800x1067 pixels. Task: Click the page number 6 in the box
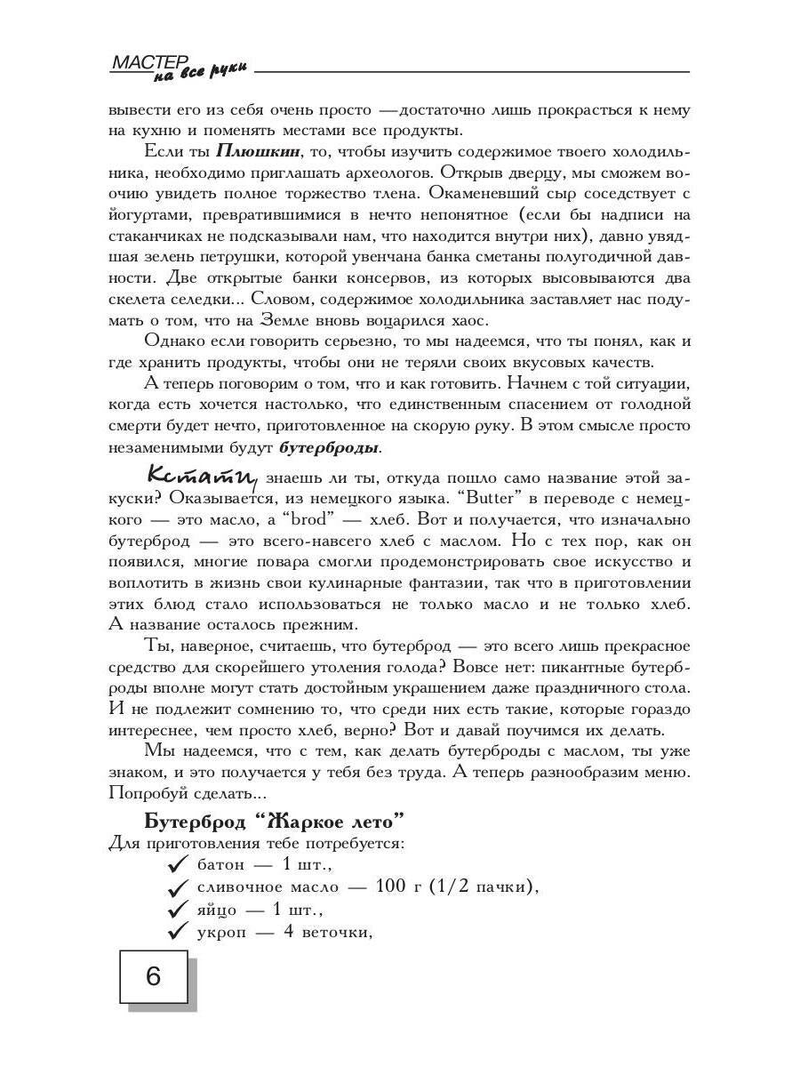153,977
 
